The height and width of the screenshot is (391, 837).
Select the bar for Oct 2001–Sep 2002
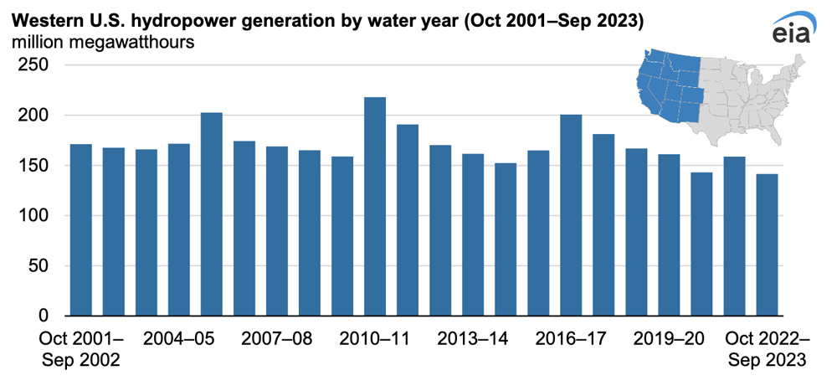[x=80, y=230]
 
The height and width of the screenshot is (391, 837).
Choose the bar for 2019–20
[x=670, y=235]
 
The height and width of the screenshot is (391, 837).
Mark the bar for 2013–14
[x=473, y=235]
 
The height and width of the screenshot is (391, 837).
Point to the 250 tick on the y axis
[x=34, y=65]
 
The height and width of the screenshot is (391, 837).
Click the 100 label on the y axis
[x=34, y=216]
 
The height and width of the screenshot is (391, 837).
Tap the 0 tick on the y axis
[x=44, y=316]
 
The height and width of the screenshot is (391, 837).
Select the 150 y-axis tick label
[x=34, y=166]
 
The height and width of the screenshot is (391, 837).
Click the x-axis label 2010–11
[x=374, y=339]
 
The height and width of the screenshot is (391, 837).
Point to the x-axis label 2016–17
[x=571, y=339]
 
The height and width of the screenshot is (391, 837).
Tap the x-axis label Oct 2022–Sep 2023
[x=766, y=350]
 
